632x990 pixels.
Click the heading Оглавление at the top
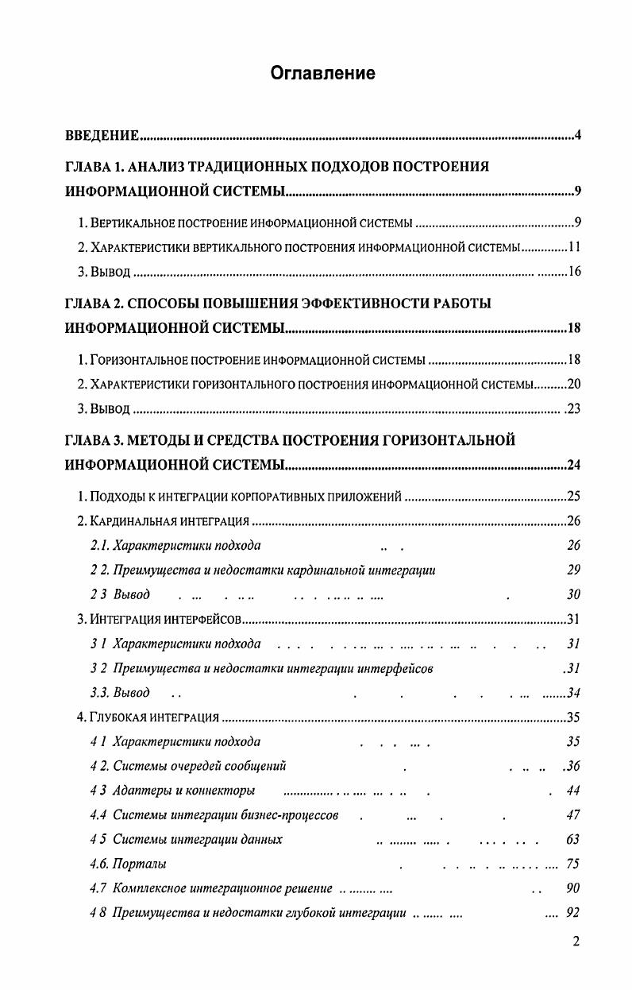322,74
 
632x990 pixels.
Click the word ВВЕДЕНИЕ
102,136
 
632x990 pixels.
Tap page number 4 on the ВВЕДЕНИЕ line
578,136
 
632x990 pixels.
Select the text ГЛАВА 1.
93,168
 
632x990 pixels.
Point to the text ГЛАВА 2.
93,304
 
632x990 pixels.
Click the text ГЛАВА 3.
93,440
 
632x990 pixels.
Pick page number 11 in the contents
576,247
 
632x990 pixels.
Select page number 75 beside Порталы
573,864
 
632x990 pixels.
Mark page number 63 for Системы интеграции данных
573,840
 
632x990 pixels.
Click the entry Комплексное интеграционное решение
211,889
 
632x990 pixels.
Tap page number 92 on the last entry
573,914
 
